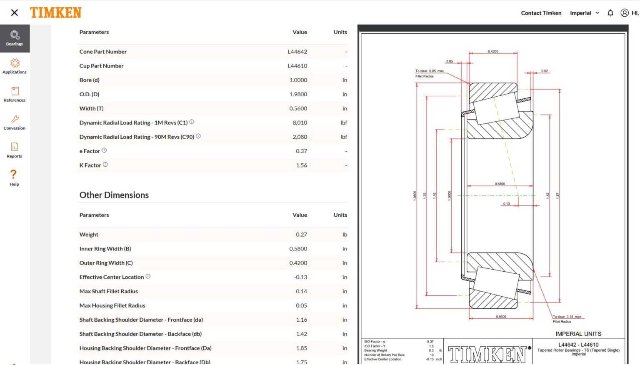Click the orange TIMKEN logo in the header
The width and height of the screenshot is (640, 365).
55,13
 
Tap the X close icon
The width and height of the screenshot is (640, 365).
15,13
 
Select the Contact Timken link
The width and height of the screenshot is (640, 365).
541,13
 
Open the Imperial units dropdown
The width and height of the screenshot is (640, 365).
584,13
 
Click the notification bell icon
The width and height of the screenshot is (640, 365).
610,13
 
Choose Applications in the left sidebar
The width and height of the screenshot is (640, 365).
15,66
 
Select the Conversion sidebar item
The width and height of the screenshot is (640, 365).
15,122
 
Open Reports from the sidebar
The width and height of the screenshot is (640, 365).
15,150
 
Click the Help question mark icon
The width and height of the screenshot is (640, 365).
14,175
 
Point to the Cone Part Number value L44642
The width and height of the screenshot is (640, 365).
297,52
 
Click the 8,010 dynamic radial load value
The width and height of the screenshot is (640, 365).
300,122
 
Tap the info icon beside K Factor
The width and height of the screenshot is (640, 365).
105,165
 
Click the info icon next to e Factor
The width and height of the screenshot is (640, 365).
104,150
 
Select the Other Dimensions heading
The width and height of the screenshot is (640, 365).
114,195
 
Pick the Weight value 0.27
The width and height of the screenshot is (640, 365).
301,235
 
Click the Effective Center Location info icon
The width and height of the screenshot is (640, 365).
148,276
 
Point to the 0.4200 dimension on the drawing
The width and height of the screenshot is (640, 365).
493,51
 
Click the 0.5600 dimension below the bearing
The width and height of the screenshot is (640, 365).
501,317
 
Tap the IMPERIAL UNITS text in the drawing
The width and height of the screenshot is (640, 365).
578,334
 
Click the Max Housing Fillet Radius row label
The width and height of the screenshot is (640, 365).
112,305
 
